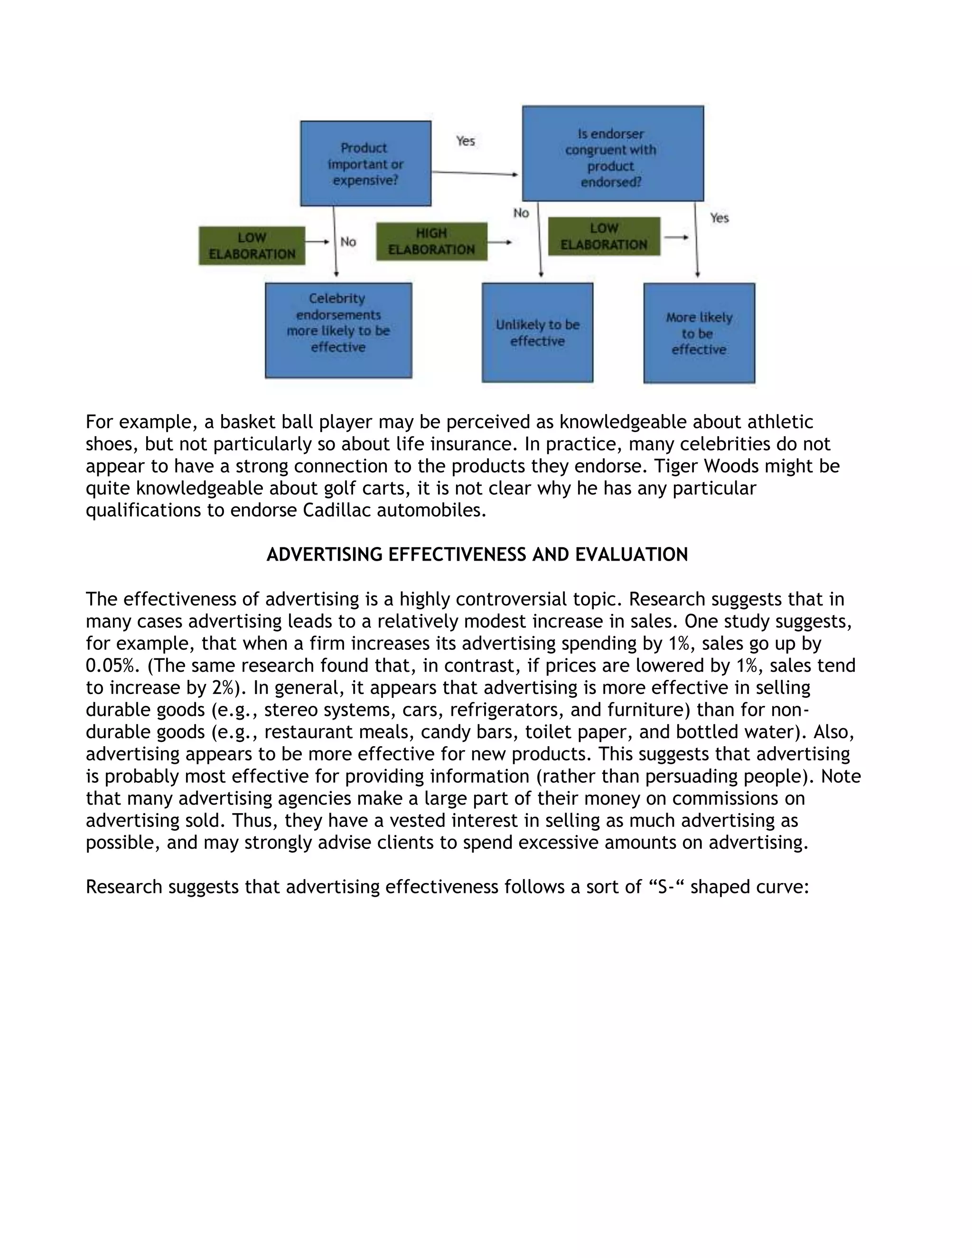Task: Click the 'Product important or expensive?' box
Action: coord(365,164)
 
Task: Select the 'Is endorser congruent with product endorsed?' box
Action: coord(612,154)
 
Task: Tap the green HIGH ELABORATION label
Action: coord(431,241)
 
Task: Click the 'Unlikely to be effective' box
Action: coord(537,332)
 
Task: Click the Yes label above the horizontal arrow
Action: coord(465,141)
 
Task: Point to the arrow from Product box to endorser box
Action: coord(475,173)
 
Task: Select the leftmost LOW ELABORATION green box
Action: coord(252,246)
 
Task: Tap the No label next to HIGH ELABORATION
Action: coord(521,213)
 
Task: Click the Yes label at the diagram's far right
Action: coord(719,218)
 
